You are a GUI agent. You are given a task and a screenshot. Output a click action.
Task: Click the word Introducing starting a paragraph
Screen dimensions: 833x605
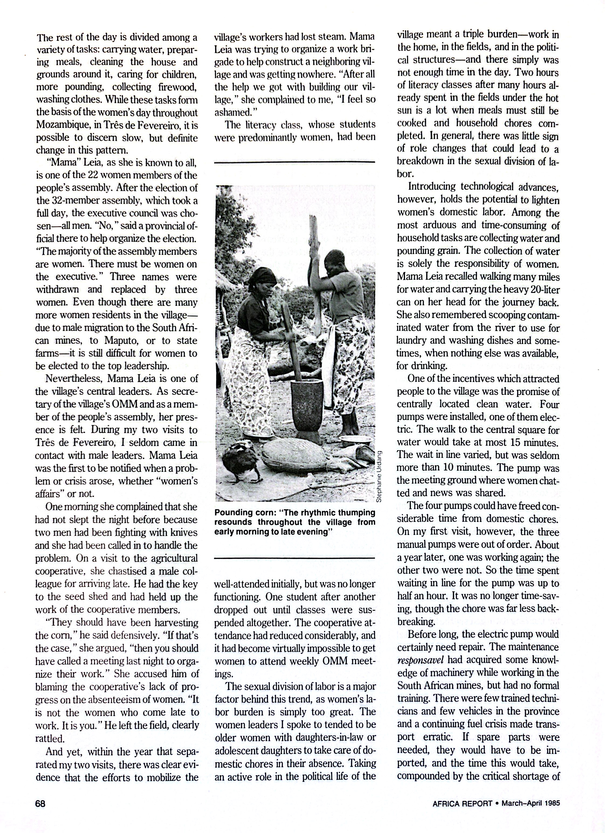[x=432, y=187]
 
